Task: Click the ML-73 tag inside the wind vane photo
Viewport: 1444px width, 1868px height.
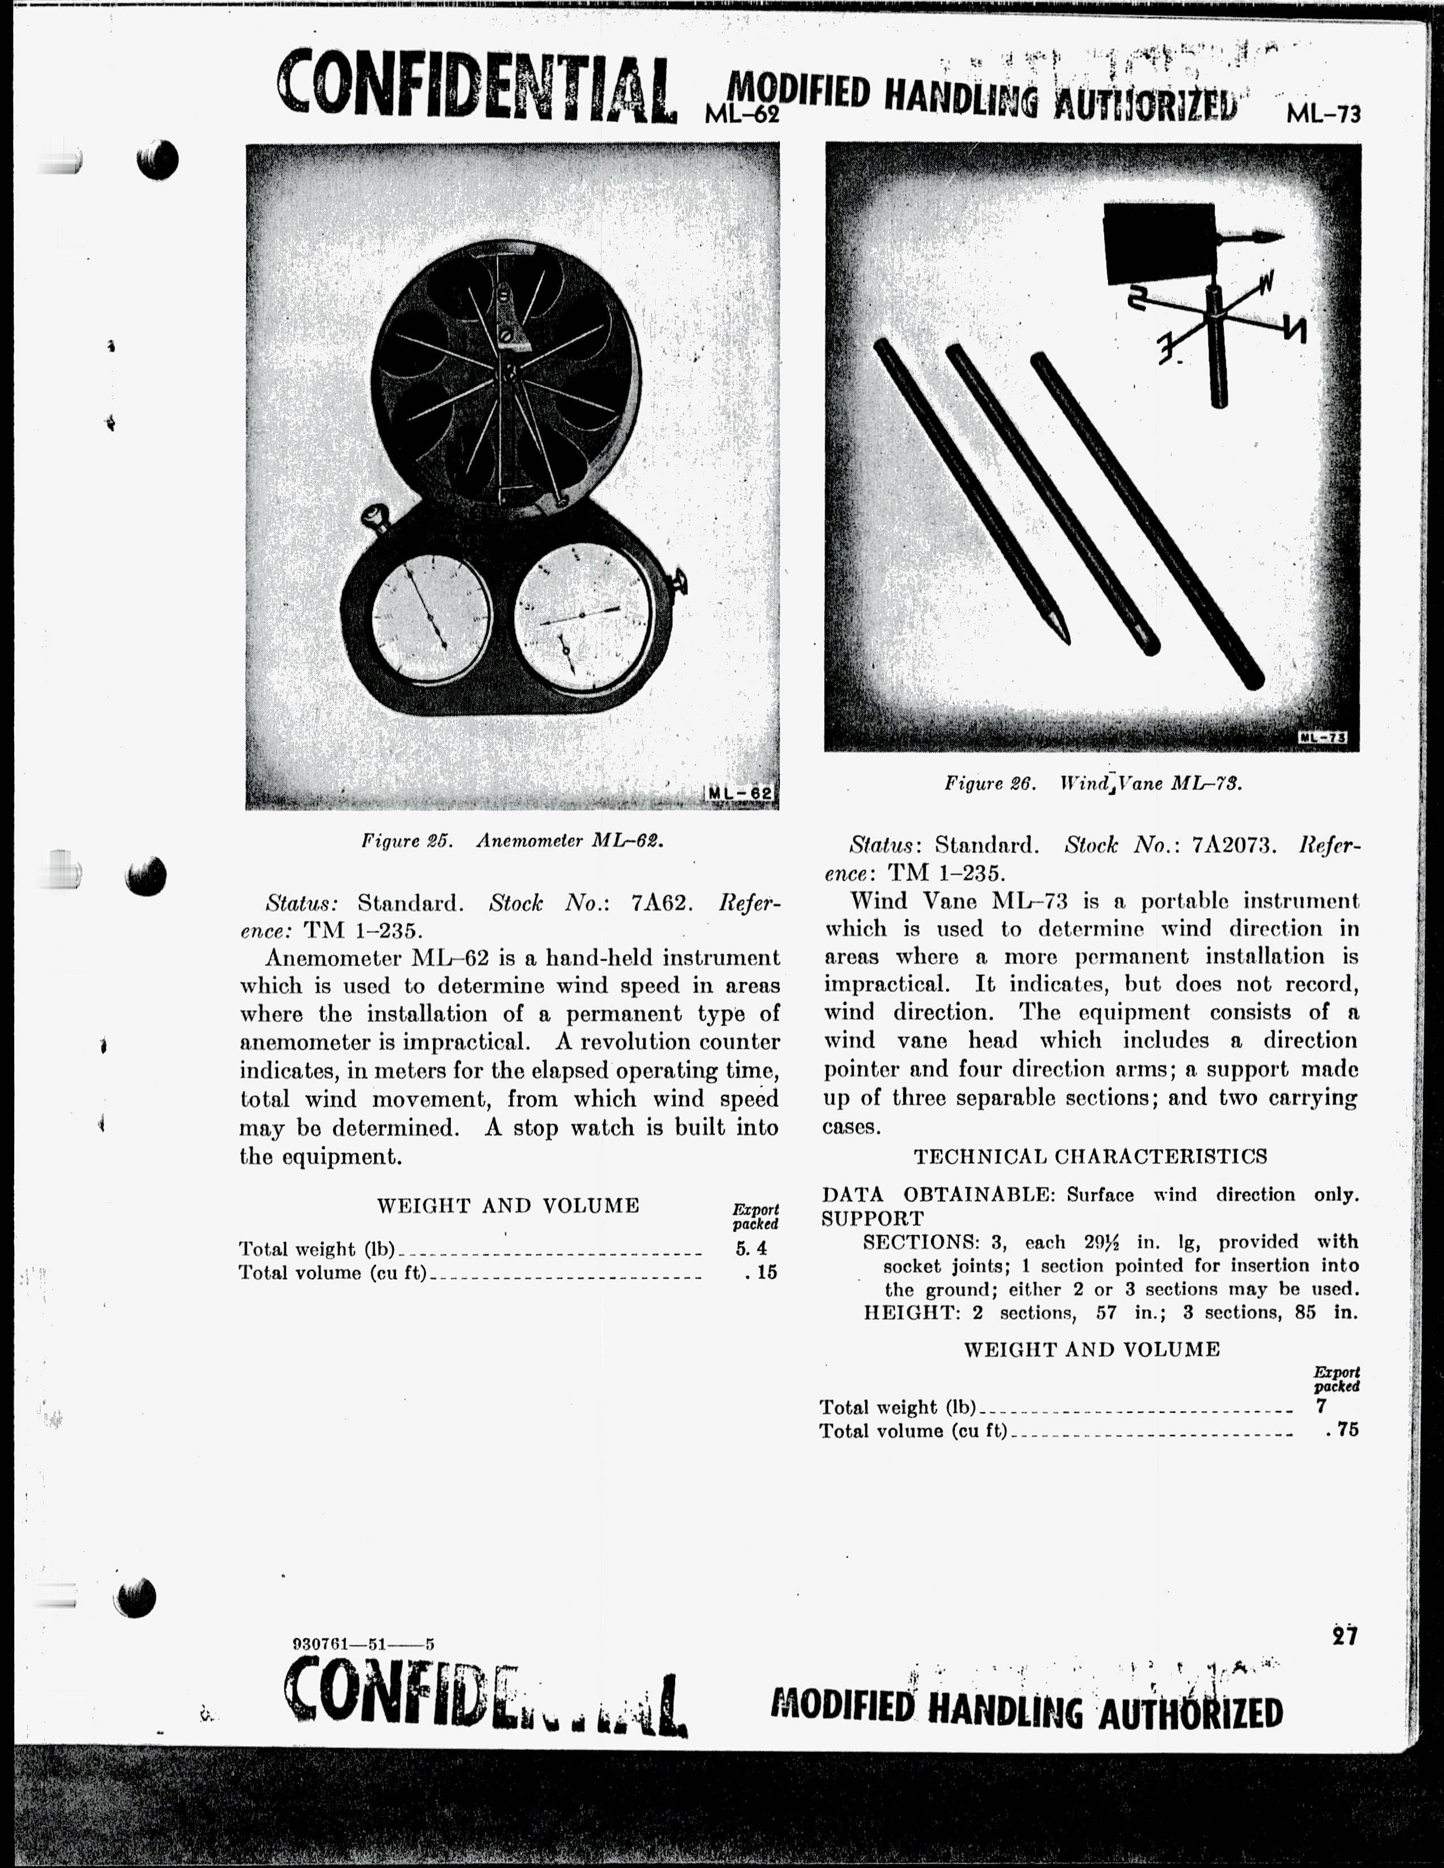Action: pyautogui.click(x=1322, y=737)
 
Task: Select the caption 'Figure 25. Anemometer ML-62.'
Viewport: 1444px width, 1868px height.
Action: pyautogui.click(x=512, y=840)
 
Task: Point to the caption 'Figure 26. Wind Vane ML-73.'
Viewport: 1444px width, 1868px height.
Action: pyautogui.click(x=1092, y=783)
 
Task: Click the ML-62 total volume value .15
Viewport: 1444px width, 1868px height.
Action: pyautogui.click(x=761, y=1273)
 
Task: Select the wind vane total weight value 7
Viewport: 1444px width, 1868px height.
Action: pyautogui.click(x=1322, y=1407)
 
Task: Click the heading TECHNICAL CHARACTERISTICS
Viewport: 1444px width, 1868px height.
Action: pyautogui.click(x=1091, y=1156)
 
